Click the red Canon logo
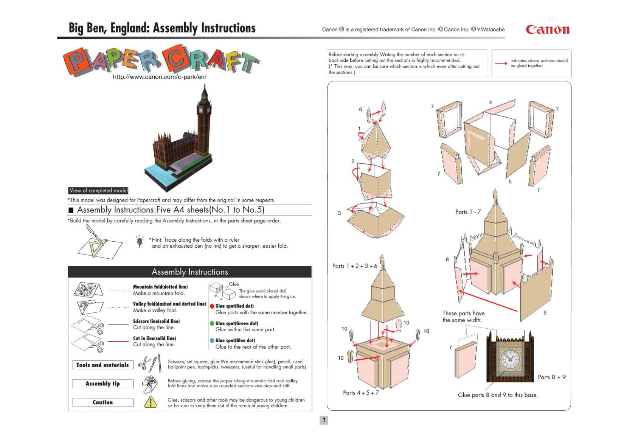point(548,30)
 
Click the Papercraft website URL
point(160,77)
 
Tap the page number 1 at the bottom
point(324,420)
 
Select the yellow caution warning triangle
point(151,402)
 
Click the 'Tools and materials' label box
point(103,365)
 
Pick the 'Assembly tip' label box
point(103,384)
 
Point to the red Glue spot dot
point(212,306)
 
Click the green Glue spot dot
point(212,323)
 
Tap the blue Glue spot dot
point(212,340)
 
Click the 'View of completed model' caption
point(98,191)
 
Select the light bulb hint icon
point(140,241)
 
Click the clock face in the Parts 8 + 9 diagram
point(510,359)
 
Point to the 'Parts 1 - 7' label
point(468,212)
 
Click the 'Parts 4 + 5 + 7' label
point(361,393)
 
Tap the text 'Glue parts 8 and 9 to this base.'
point(498,395)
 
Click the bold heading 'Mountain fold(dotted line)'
point(160,287)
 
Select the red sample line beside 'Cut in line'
point(118,341)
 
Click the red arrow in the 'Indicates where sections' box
point(501,63)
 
